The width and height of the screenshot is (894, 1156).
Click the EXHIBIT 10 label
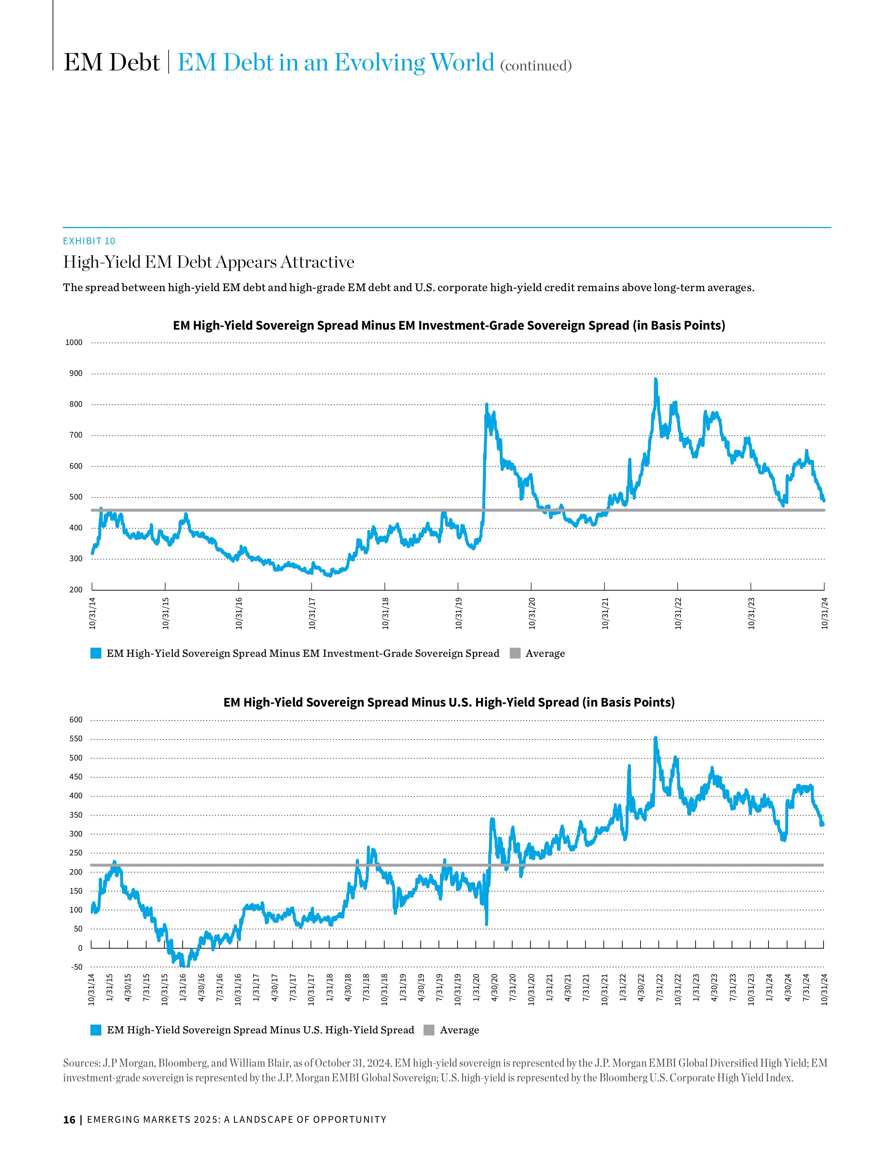pos(89,241)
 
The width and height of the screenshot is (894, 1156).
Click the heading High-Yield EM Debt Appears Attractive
pos(209,262)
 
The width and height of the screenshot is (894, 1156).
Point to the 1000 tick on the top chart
pos(74,343)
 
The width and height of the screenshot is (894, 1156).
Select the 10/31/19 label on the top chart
pos(459,613)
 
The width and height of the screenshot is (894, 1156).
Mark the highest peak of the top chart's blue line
pos(656,379)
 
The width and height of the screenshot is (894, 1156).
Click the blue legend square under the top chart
pos(96,653)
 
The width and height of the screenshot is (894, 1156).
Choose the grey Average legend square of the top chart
pos(515,653)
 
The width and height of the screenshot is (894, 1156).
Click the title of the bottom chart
pos(449,702)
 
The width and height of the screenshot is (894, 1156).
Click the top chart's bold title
pos(449,325)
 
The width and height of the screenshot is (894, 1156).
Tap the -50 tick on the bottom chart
pos(77,967)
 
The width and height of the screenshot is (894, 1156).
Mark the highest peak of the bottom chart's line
pos(656,738)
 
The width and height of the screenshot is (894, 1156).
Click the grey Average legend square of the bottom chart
pos(429,1030)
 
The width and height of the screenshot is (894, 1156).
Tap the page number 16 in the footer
pos(69,1120)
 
